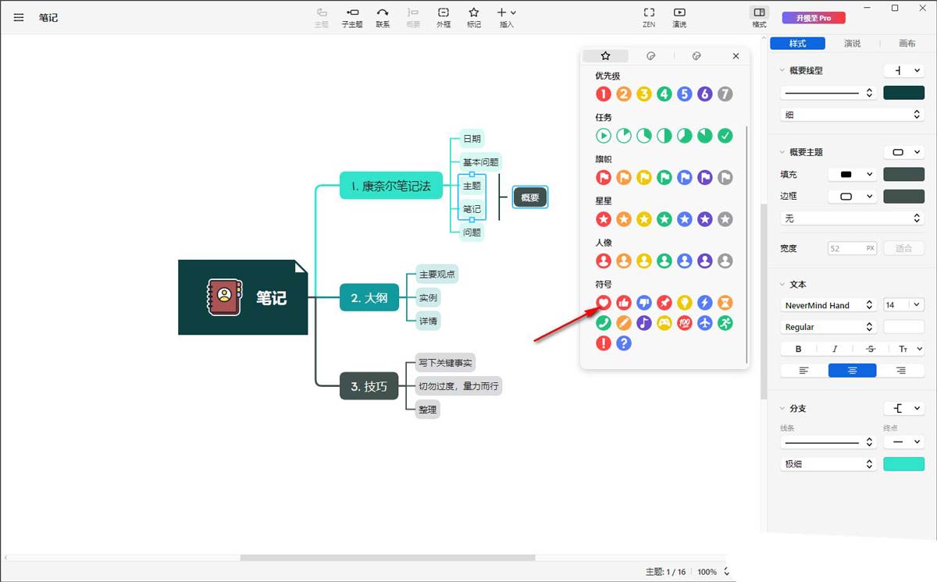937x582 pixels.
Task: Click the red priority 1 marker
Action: point(603,94)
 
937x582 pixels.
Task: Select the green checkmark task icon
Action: point(725,136)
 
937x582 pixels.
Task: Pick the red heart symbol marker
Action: point(603,303)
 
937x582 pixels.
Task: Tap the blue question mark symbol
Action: point(624,343)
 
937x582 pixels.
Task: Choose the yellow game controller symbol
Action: point(664,323)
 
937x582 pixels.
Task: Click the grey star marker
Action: point(725,219)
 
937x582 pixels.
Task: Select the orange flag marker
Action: point(624,178)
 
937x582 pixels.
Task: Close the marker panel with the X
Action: point(736,56)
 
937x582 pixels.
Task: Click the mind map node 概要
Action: point(530,197)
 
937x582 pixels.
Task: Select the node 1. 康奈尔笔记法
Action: point(391,186)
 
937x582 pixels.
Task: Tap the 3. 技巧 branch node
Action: point(369,386)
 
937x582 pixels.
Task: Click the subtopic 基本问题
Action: point(480,161)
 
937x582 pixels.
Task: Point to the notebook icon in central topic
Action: point(225,297)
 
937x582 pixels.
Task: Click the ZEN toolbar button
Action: point(649,17)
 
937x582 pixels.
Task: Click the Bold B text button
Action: point(798,349)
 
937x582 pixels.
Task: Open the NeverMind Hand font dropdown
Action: point(828,305)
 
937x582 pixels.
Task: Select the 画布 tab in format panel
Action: point(907,44)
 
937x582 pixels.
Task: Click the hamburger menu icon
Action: point(19,17)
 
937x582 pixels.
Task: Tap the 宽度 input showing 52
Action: point(852,248)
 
